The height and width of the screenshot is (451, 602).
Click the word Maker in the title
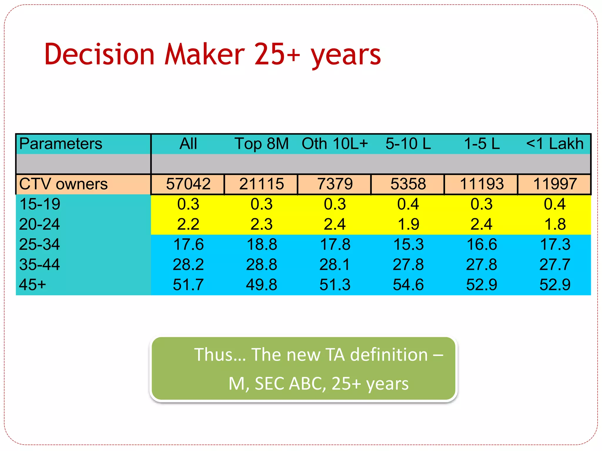tap(204, 54)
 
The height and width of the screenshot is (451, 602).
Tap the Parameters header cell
tap(61, 144)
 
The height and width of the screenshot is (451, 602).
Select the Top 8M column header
tap(262, 144)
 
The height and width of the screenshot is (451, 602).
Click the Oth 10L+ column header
tap(335, 144)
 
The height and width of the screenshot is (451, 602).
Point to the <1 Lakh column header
tap(555, 144)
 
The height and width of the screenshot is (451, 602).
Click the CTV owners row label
tap(63, 184)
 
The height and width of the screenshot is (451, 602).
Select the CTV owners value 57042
tap(188, 184)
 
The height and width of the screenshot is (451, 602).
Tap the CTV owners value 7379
tap(335, 184)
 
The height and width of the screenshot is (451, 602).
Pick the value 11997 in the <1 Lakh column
tap(555, 184)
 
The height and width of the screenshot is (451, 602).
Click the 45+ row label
tap(32, 285)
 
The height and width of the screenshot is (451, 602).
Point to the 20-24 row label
tap(39, 224)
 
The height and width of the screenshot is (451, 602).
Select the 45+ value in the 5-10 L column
tap(408, 285)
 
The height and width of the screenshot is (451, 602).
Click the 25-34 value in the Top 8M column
tap(262, 244)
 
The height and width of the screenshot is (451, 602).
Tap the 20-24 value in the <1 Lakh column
tap(555, 224)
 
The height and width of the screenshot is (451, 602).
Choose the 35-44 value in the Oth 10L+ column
tap(335, 265)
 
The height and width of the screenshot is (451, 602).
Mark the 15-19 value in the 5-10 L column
tap(408, 204)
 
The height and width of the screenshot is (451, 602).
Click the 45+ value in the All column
tap(188, 285)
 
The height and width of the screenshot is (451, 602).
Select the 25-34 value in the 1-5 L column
tap(481, 244)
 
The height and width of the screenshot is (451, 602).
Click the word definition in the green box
tap(389, 355)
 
